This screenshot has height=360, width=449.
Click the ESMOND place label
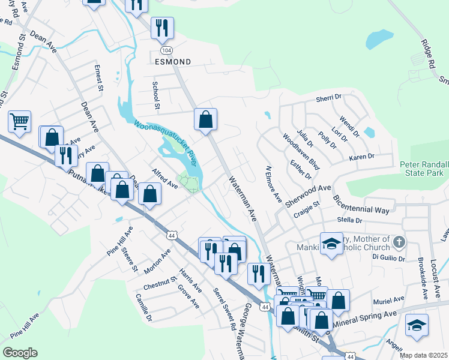pyautogui.click(x=173, y=62)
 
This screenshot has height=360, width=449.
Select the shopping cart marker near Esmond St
pyautogui.click(x=19, y=121)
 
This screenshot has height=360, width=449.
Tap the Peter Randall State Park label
pyautogui.click(x=424, y=169)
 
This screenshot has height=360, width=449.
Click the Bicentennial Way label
pyautogui.click(x=361, y=204)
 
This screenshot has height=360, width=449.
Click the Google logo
pyautogui.click(x=20, y=352)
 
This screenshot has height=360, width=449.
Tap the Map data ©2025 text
pyautogui.click(x=423, y=355)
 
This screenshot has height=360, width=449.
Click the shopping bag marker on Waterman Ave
pyautogui.click(x=205, y=119)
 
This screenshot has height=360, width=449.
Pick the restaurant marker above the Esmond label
pyautogui.click(x=162, y=28)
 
